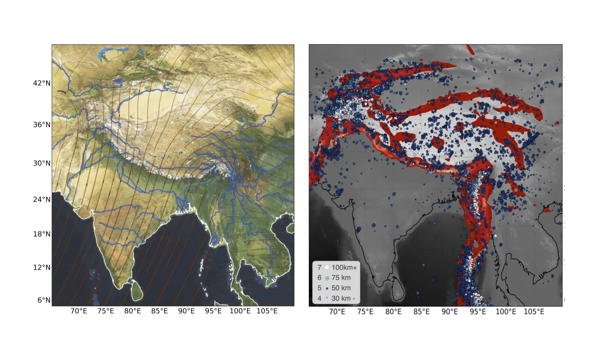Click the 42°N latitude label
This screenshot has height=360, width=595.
(x=41, y=83)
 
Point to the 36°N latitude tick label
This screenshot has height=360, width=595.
(x=41, y=124)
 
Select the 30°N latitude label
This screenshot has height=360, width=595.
(x=41, y=163)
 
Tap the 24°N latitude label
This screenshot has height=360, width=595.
(x=41, y=199)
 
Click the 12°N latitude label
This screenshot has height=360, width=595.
(x=41, y=267)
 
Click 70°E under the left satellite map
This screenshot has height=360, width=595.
(x=79, y=311)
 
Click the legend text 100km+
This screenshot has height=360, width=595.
(x=345, y=268)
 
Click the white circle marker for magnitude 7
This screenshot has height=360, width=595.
(x=327, y=268)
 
